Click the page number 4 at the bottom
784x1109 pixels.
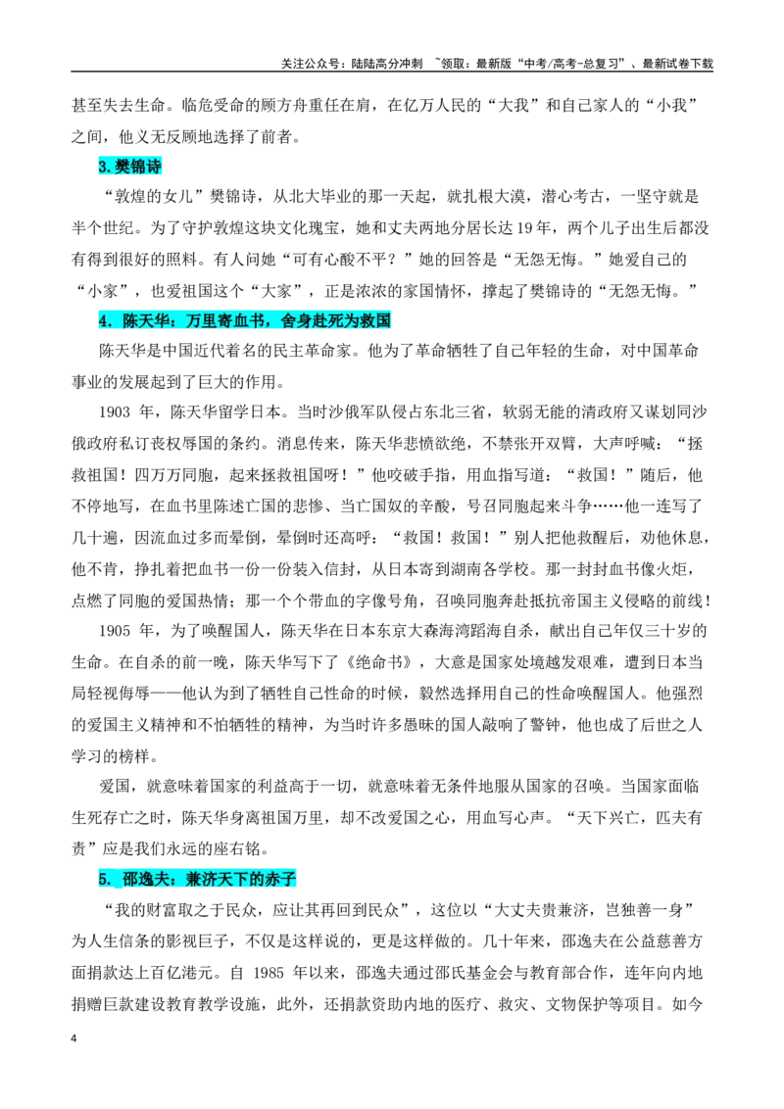tap(73, 1038)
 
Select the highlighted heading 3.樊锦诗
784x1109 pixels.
tap(130, 167)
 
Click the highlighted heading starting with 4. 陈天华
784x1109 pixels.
tap(245, 321)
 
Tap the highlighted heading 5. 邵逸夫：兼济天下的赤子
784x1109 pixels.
tap(197, 879)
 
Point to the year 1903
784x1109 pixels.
tap(115, 412)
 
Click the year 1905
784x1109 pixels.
tap(115, 631)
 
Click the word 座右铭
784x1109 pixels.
tap(237, 848)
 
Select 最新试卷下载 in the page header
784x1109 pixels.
tap(677, 64)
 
